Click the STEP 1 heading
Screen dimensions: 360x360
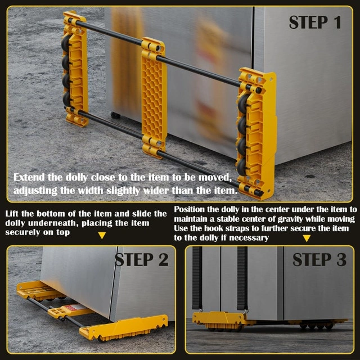pos(315,22)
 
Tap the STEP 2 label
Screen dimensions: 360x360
pos(142,260)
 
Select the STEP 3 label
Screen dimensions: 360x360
pos(319,260)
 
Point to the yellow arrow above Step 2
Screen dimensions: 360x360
pos(102,235)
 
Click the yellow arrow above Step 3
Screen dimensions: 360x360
pos(307,238)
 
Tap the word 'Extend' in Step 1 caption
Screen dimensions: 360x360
pos(29,178)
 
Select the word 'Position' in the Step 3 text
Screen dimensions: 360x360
pos(189,210)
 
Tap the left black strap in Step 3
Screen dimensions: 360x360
pos(197,278)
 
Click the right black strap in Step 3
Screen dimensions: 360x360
pos(242,278)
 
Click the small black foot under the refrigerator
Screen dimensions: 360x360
pos(115,115)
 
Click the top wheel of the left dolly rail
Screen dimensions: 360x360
pos(66,43)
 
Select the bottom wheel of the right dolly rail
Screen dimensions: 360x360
pos(242,167)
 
